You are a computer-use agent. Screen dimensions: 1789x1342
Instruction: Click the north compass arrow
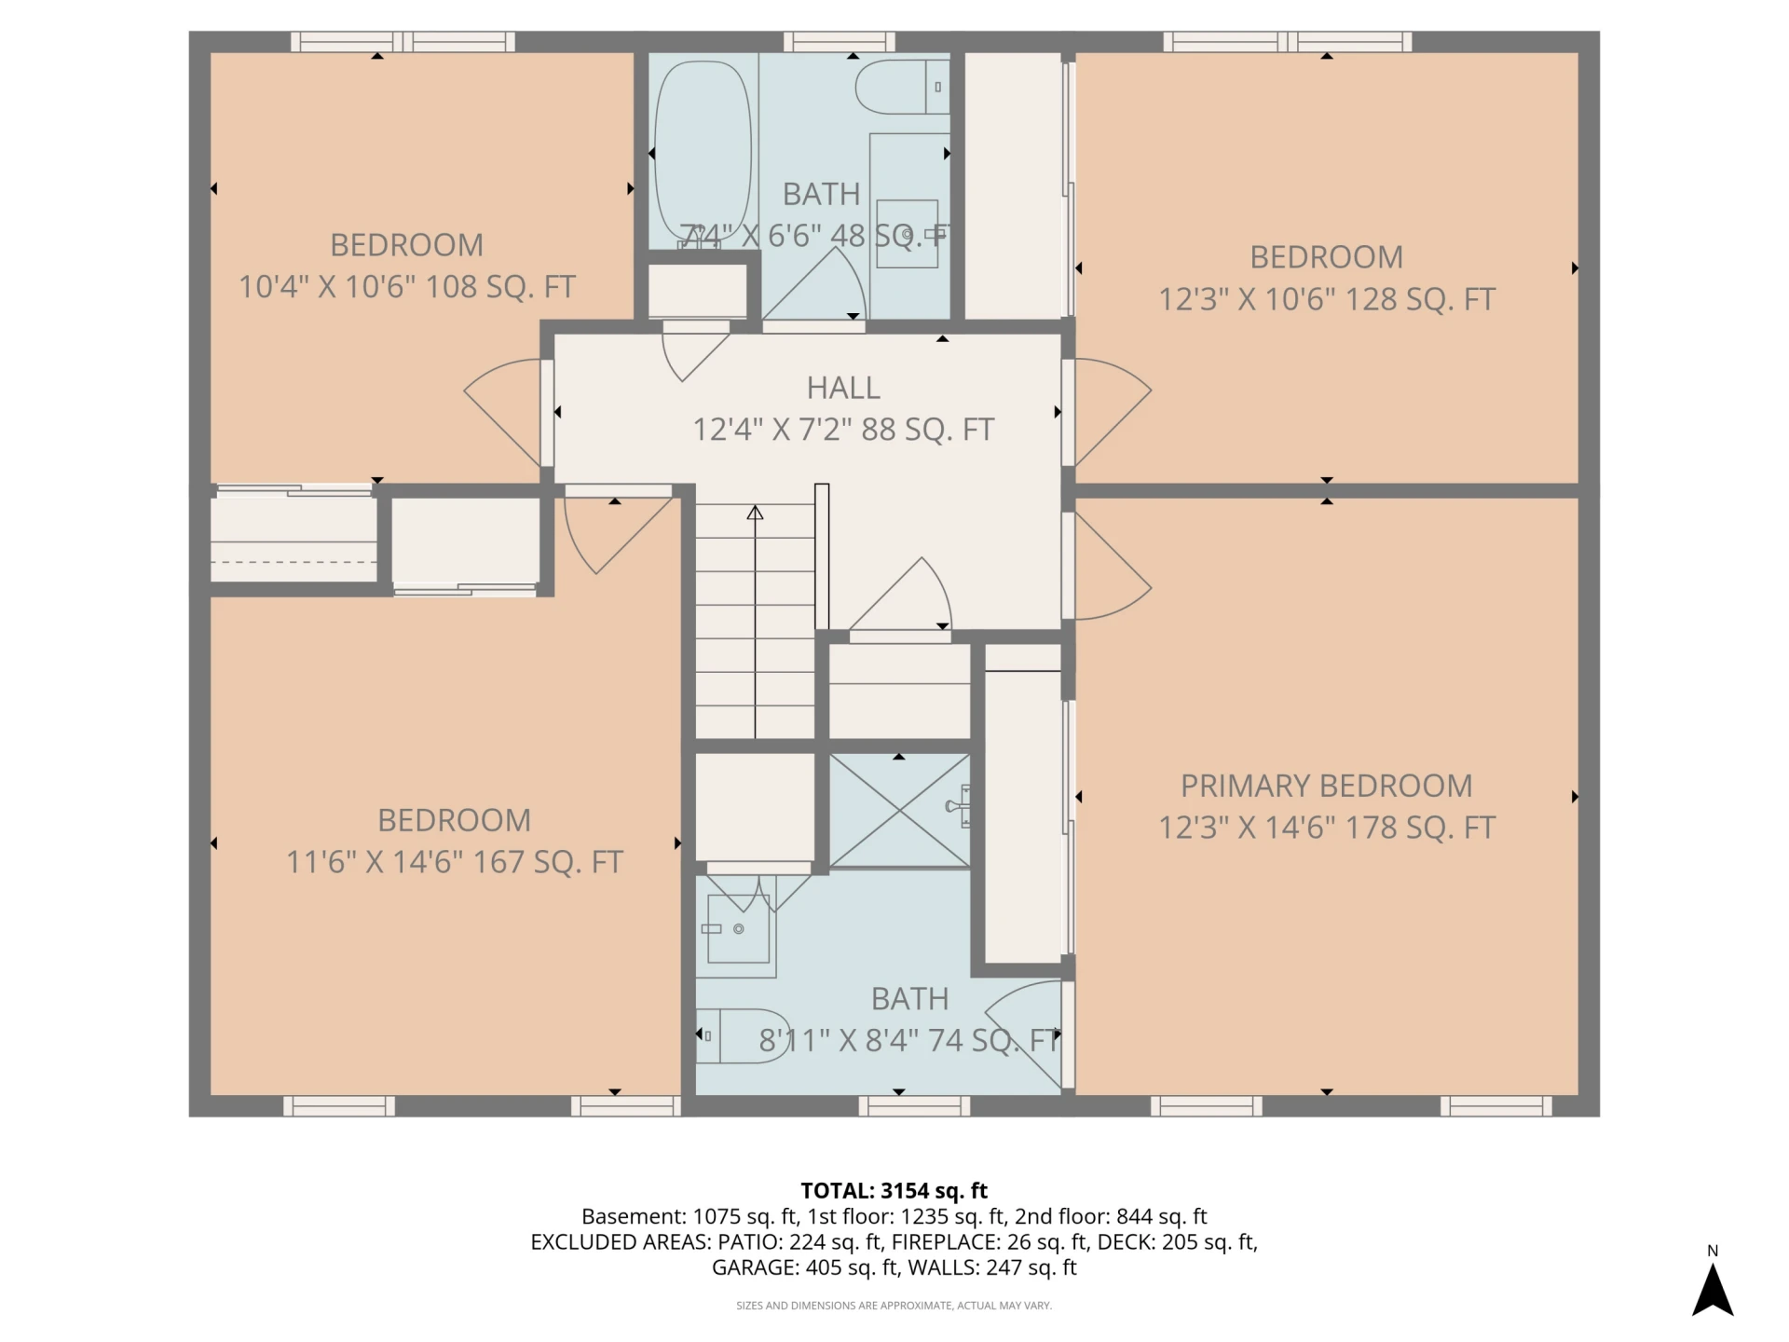coord(1713,1290)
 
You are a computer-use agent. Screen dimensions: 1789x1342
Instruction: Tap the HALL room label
coord(843,388)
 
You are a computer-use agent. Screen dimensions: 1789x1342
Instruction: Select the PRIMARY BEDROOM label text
coord(1326,786)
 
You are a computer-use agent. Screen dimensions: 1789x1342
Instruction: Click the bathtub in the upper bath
coord(703,154)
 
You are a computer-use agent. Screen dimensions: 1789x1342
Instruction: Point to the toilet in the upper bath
coord(902,87)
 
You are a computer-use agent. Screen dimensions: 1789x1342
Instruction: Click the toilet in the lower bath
coord(743,1035)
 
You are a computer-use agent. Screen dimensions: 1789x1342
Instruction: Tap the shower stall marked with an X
coord(899,811)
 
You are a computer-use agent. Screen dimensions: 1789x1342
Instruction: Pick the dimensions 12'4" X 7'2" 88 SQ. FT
coord(843,430)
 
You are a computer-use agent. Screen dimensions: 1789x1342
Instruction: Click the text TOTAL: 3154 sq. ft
coord(894,1191)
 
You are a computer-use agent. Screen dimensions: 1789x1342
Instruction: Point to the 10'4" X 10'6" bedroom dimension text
coord(406,287)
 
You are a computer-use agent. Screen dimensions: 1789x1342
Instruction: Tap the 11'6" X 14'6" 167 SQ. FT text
coord(454,862)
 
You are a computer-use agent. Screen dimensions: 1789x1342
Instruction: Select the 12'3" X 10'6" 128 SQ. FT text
coord(1326,299)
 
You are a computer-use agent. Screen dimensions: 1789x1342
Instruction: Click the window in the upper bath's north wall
coord(839,42)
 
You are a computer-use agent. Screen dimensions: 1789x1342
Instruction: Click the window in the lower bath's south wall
coord(914,1106)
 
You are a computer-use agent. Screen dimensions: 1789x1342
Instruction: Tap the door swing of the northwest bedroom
coord(503,412)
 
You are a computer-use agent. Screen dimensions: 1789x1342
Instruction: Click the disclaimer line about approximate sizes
coord(894,1306)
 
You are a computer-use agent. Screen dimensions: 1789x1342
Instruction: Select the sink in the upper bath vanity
coord(908,234)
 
